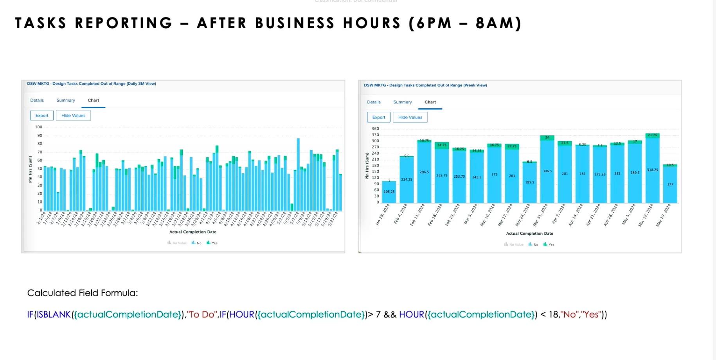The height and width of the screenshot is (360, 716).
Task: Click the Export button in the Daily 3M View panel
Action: click(42, 115)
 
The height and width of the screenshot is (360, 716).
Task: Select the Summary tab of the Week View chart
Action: click(403, 102)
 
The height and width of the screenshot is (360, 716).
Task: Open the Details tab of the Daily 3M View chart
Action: click(37, 101)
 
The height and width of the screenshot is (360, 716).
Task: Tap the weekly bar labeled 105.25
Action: click(389, 192)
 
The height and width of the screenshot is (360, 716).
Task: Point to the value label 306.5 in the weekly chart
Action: click(547, 171)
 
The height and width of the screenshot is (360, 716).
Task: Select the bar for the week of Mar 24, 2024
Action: click(529, 182)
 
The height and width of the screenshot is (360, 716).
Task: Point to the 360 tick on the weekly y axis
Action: click(375, 129)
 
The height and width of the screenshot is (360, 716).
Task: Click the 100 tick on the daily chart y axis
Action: click(39, 127)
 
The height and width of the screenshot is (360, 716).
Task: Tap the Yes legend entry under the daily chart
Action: click(212, 243)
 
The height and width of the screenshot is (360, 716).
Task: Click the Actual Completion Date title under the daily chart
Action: click(192, 232)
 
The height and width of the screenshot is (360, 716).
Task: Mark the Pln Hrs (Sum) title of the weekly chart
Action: click(367, 166)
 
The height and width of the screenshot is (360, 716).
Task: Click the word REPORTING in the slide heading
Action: click(124, 23)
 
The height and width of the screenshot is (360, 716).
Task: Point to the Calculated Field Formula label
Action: click(83, 293)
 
